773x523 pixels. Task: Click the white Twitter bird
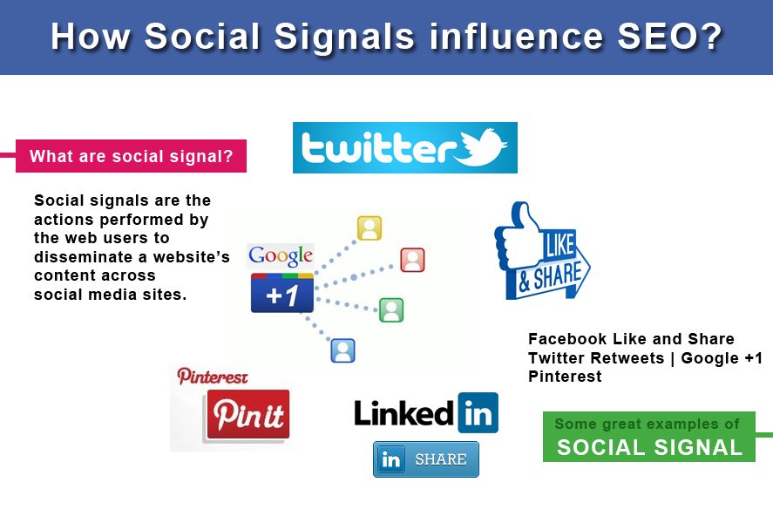[481, 147]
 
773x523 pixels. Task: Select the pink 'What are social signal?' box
[131, 156]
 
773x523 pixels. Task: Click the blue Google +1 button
[282, 293]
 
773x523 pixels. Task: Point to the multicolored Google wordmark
[281, 255]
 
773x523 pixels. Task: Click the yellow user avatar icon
[370, 228]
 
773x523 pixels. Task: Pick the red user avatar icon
[412, 260]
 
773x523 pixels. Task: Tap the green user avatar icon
[391, 310]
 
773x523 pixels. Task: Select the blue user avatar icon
[342, 350]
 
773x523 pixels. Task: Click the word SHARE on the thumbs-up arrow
[558, 276]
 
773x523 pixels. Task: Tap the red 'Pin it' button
[248, 414]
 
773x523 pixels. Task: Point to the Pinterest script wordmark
[213, 377]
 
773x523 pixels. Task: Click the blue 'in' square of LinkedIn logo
[478, 412]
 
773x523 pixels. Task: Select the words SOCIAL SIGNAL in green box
[649, 447]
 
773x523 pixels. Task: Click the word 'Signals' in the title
[344, 37]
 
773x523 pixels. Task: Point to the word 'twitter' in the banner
[378, 148]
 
